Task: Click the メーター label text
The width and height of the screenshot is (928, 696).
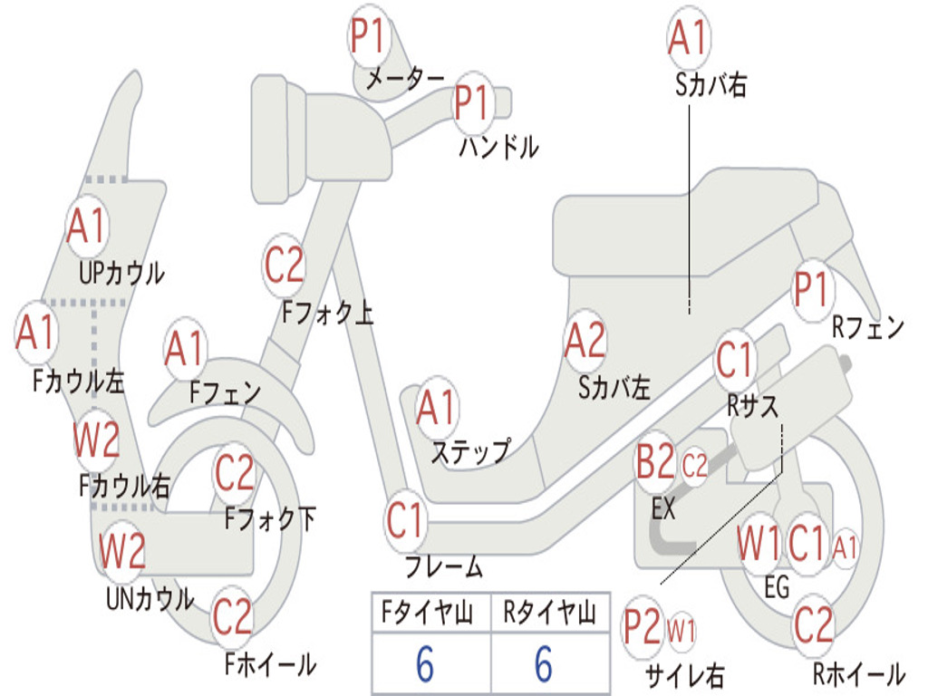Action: (x=405, y=79)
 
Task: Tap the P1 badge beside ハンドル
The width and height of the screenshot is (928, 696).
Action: (x=474, y=102)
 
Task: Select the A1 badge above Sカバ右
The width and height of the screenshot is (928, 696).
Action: (x=689, y=36)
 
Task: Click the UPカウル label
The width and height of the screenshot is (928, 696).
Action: (x=122, y=274)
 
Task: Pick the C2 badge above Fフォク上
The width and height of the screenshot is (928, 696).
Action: (x=284, y=266)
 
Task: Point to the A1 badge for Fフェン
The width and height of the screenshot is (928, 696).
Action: (x=185, y=349)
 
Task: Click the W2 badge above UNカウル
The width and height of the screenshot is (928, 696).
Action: (x=122, y=550)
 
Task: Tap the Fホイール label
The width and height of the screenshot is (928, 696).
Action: (x=270, y=664)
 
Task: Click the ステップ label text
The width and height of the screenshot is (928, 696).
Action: (x=471, y=452)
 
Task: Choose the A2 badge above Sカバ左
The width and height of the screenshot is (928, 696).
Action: (x=585, y=341)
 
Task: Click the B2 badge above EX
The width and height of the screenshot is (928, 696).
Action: (x=655, y=461)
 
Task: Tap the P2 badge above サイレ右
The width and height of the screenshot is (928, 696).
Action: (x=643, y=627)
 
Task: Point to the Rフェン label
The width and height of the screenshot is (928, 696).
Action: (x=868, y=327)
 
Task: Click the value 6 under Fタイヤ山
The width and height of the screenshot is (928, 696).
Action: (x=425, y=663)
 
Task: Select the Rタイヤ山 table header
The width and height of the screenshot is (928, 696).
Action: (x=550, y=612)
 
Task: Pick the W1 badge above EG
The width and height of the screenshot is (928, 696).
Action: (x=759, y=544)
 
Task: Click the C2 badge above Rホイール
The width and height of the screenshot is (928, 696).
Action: (x=814, y=625)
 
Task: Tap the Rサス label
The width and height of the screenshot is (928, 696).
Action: (x=752, y=407)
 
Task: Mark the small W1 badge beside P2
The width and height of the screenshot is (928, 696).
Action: (x=681, y=631)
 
